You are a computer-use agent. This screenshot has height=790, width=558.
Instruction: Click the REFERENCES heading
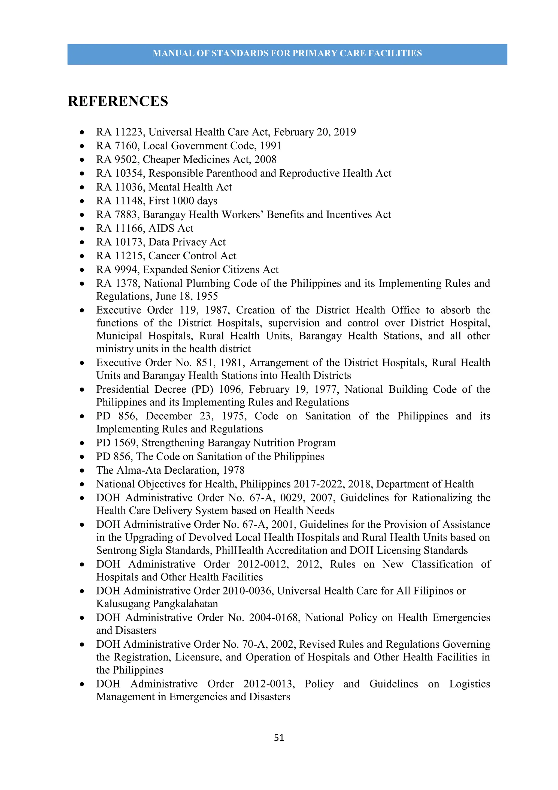tap(118, 101)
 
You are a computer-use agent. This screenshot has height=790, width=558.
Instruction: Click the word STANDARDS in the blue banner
tap(240, 53)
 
